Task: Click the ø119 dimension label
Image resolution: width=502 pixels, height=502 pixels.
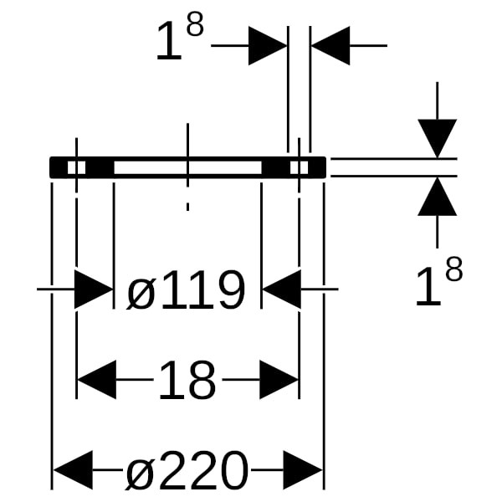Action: (186, 291)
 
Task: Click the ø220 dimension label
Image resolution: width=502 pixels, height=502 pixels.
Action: (187, 471)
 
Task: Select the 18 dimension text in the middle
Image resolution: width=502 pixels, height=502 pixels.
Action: (187, 382)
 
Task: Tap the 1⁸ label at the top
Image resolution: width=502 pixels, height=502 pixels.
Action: (179, 42)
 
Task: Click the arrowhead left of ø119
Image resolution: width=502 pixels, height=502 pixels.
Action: (93, 289)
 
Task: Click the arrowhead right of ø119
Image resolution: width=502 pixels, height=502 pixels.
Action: (280, 289)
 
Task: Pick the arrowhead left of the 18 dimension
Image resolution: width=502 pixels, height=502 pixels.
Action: (95, 381)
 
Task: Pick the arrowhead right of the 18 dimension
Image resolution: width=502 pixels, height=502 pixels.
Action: (279, 381)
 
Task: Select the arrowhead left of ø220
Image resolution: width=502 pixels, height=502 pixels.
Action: (72, 470)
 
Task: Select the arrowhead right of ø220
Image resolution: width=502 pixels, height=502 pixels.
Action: (303, 470)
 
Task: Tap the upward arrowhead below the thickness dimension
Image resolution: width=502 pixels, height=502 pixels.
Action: (438, 197)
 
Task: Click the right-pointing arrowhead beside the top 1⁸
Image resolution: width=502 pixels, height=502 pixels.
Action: (268, 45)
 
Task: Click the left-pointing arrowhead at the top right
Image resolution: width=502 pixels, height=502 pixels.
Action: (330, 45)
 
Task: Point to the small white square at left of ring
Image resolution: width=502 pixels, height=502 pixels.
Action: (76, 167)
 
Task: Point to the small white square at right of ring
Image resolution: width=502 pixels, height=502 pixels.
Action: (299, 167)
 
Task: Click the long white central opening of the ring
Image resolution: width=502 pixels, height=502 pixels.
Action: (187, 167)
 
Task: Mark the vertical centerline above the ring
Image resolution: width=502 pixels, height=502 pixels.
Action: (187, 138)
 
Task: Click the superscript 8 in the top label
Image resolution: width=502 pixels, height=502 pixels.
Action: (194, 26)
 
